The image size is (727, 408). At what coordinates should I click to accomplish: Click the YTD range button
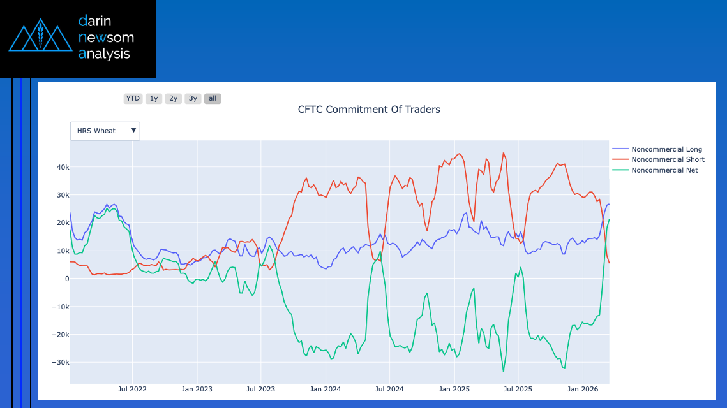click(133, 98)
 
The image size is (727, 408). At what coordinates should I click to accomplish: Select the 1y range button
click(153, 98)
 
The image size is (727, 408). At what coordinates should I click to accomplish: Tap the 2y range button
click(173, 98)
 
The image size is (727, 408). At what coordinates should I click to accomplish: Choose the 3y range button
click(193, 98)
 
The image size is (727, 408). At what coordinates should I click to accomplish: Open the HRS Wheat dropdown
click(105, 131)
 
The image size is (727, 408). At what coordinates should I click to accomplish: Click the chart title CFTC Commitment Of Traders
click(369, 110)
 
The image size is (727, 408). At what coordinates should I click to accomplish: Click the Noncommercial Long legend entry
click(666, 149)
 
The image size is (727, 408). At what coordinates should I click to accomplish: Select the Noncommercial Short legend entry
click(668, 159)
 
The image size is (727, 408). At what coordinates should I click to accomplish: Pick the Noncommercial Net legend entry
click(664, 170)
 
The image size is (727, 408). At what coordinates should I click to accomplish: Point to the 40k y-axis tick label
click(61, 167)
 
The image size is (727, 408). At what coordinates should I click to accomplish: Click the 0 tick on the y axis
click(66, 279)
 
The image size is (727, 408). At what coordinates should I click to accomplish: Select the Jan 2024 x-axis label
click(325, 388)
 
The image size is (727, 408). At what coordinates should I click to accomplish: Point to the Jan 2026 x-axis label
click(581, 388)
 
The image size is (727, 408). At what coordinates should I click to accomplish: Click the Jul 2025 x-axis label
click(518, 388)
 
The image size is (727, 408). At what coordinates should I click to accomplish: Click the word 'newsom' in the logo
click(106, 38)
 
